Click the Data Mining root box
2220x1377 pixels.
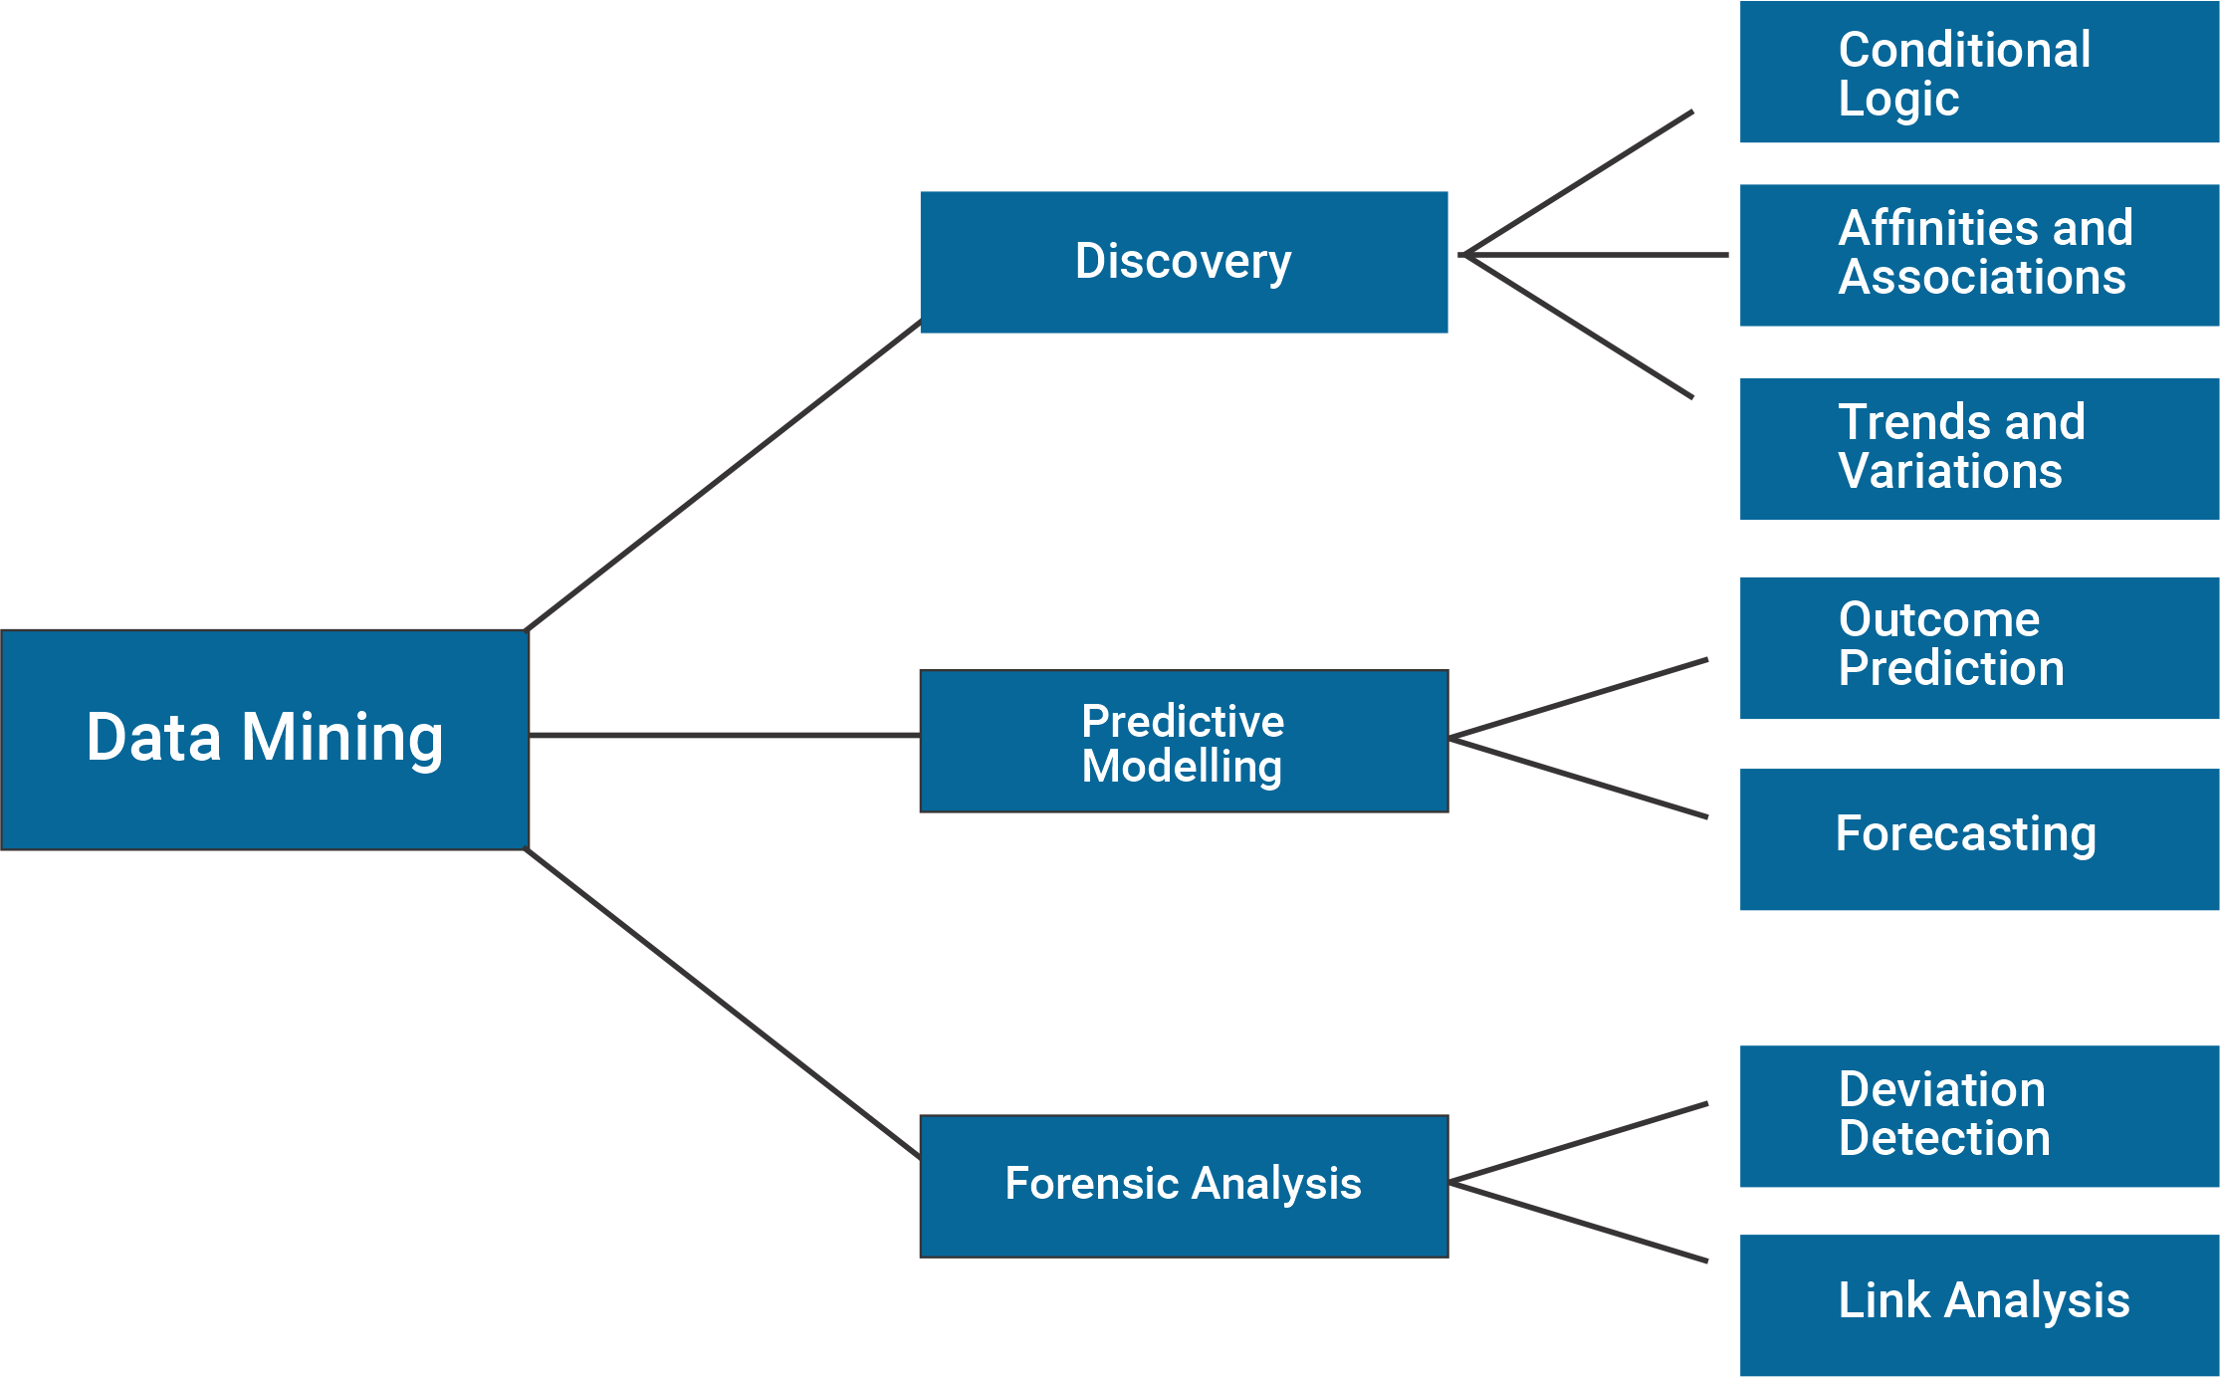264,739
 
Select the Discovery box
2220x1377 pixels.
1183,262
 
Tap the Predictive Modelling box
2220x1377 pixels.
1183,742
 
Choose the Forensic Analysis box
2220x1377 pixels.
1183,1186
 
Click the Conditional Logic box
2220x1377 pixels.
1979,72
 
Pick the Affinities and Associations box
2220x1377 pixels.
1979,255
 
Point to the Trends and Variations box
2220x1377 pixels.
1979,448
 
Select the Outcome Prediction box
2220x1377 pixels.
1979,647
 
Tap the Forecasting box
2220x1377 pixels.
1979,838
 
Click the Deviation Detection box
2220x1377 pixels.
1979,1115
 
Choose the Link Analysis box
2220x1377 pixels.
1979,1304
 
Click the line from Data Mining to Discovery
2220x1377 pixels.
724,475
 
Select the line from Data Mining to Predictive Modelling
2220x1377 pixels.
724,735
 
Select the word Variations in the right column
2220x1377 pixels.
1949,472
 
